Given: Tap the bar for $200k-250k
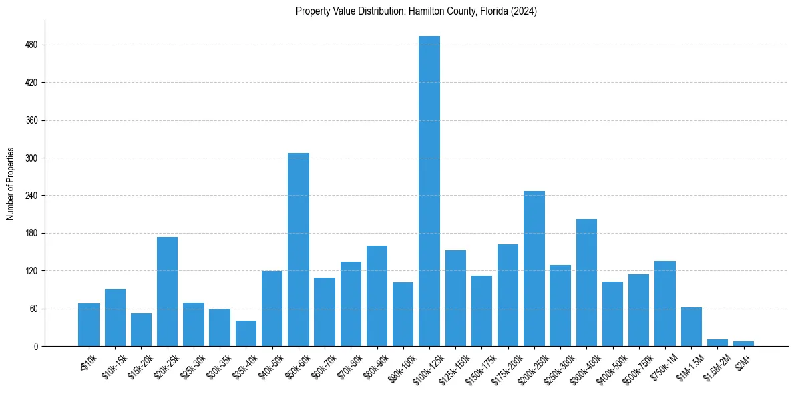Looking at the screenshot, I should coord(534,268).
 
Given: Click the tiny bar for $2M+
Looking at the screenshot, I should coord(743,343).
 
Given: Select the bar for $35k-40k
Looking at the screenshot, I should coord(246,333).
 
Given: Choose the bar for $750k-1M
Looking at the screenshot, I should coord(665,303).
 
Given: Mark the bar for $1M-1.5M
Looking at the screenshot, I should coord(691,327).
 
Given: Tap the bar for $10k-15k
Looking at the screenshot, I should coord(115,317).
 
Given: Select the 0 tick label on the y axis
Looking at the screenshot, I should coord(36,347).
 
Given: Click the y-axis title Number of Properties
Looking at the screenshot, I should coord(11,183).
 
